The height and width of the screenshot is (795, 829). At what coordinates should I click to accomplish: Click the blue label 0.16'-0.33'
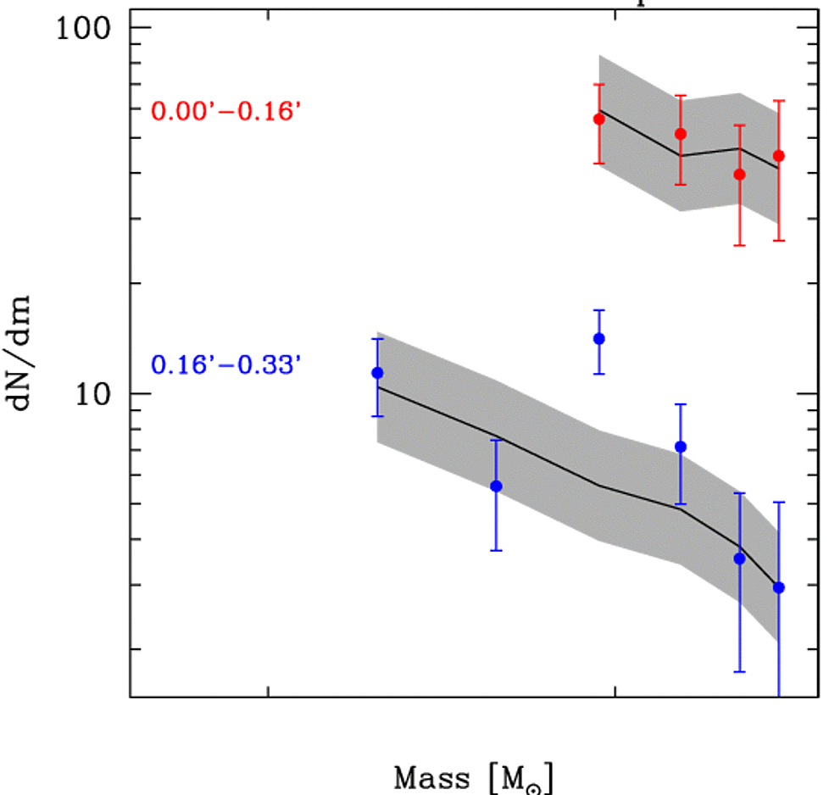click(225, 366)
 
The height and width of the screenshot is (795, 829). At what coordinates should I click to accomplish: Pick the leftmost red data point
click(599, 119)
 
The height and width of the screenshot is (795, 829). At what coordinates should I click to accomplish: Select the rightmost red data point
click(779, 156)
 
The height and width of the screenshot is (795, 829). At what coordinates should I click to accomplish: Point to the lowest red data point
click(739, 175)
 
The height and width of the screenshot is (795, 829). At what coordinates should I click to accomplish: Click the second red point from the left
click(680, 133)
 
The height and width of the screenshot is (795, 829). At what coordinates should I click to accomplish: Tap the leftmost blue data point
click(377, 373)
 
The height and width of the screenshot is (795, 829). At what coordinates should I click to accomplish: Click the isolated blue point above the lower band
click(599, 339)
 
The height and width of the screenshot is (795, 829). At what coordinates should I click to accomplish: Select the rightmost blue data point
click(779, 587)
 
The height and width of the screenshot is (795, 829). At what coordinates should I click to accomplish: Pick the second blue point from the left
click(496, 486)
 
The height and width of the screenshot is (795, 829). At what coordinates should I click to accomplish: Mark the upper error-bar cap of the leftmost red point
click(599, 84)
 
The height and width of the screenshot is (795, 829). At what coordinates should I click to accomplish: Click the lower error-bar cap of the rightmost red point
click(779, 241)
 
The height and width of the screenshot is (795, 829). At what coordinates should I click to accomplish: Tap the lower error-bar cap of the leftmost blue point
click(377, 416)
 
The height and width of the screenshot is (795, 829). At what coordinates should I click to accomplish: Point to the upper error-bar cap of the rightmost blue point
click(779, 503)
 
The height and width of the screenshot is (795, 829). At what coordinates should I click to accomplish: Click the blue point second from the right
click(739, 559)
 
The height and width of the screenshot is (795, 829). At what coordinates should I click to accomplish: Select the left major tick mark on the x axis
click(268, 691)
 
